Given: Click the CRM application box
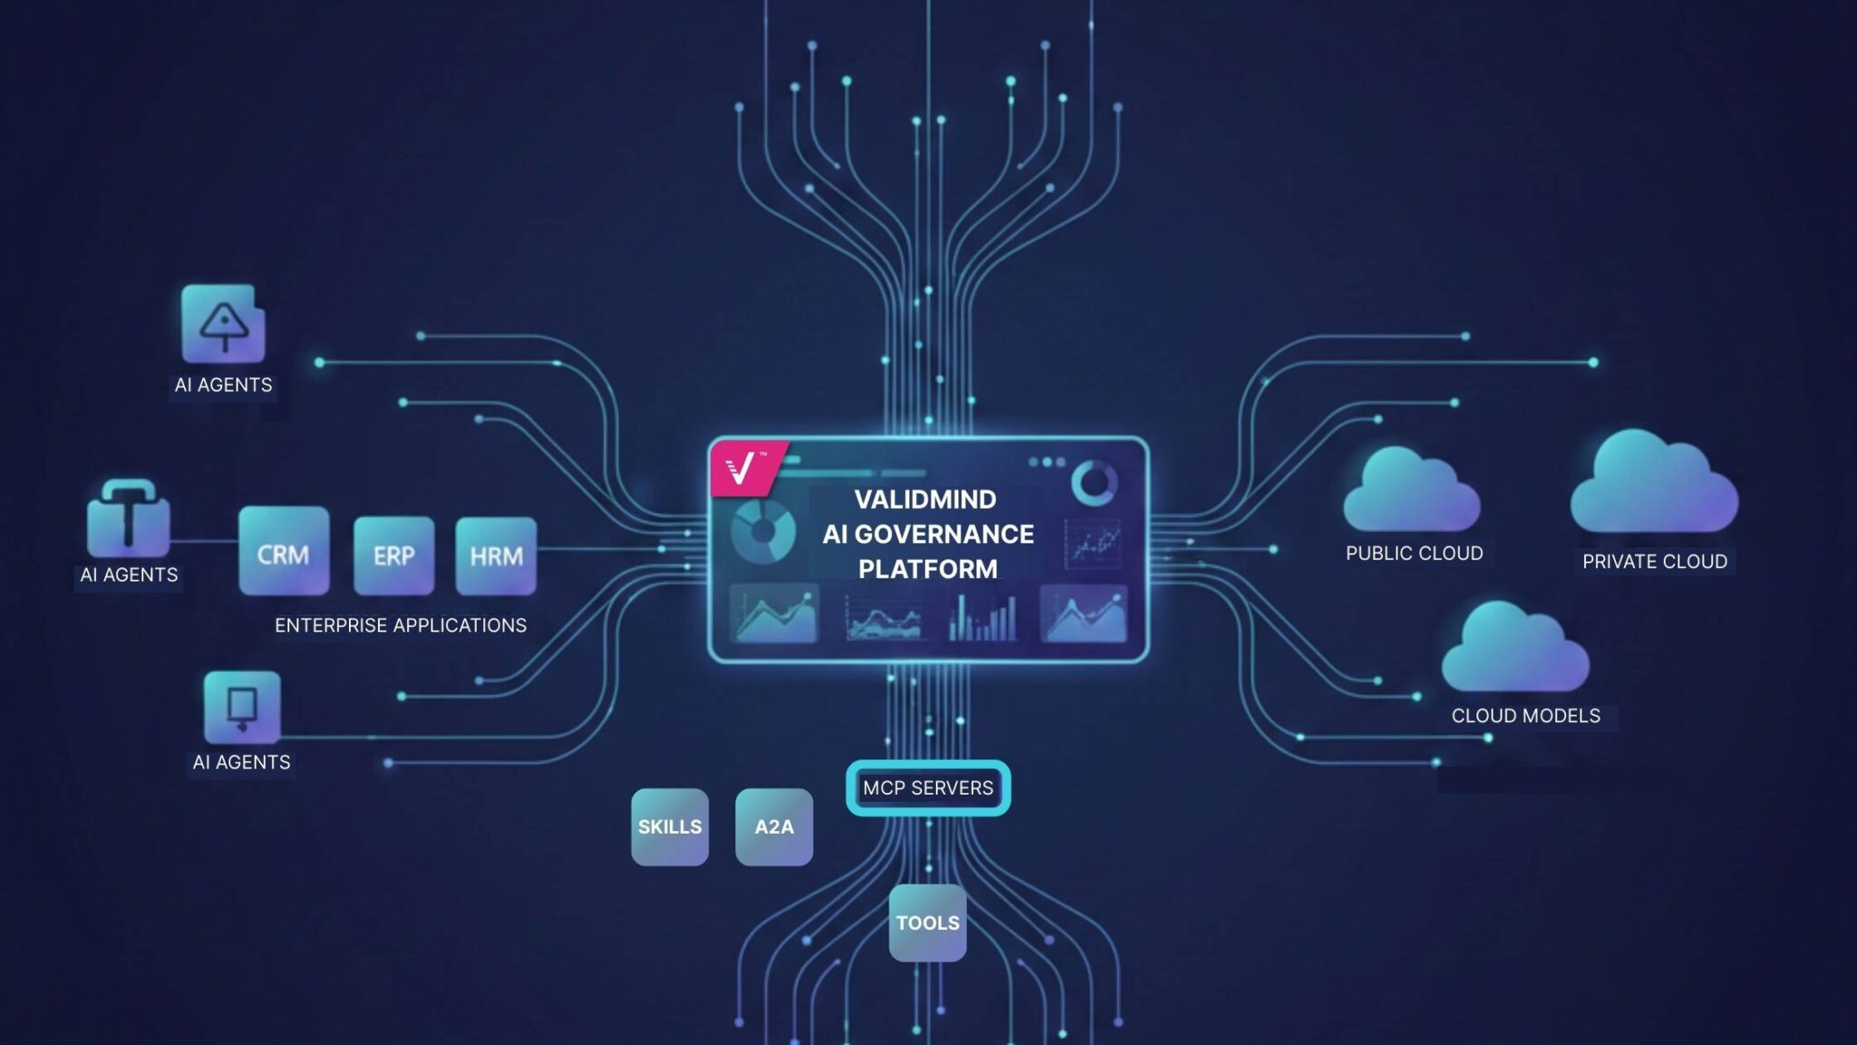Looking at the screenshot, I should [x=284, y=552].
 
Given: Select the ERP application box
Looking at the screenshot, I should [x=394, y=555].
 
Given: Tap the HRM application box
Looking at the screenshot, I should [x=496, y=555].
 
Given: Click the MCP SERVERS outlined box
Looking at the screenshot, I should [x=928, y=787].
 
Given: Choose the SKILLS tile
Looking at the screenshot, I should [x=669, y=826].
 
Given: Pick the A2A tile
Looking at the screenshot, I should [x=773, y=826].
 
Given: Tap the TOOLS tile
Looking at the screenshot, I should [x=927, y=923].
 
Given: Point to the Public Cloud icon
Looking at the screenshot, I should [x=1411, y=493].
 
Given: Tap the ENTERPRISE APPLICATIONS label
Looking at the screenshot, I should [x=400, y=625].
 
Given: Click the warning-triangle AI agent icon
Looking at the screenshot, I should [x=223, y=324].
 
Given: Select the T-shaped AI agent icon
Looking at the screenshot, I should [x=128, y=519].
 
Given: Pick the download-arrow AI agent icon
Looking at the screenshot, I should [x=241, y=707].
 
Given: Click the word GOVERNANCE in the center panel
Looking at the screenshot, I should [x=944, y=534].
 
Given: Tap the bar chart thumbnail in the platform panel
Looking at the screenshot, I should [x=982, y=615].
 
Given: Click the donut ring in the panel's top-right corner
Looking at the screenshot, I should [x=1094, y=482].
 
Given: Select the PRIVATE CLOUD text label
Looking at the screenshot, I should [x=1654, y=562].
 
